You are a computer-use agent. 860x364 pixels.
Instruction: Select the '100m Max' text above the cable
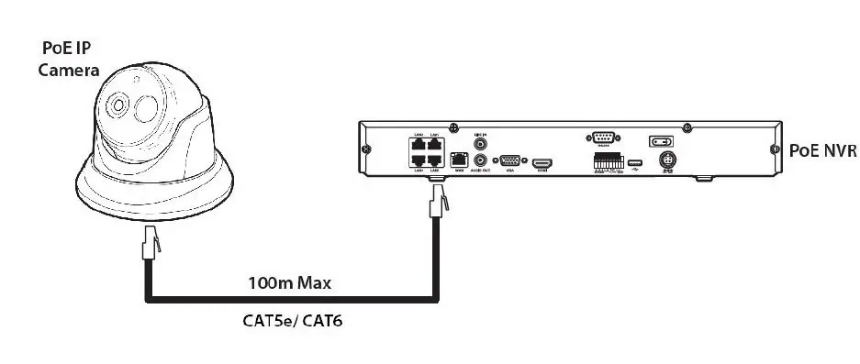coord(289,283)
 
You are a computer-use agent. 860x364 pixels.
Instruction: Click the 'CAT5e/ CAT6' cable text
coord(289,322)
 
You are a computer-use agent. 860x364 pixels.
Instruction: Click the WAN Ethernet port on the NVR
coord(449,160)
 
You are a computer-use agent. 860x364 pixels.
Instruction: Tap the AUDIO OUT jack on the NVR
coord(478,160)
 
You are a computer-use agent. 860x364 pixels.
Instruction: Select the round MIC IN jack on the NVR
coord(478,142)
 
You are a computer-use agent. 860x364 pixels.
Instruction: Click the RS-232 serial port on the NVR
coord(603,138)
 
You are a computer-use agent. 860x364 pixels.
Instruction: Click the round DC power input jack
coord(669,160)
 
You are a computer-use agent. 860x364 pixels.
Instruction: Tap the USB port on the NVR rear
coord(635,162)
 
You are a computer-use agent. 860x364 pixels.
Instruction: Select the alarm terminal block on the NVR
coord(605,161)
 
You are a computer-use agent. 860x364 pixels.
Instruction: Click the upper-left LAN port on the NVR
coord(419,144)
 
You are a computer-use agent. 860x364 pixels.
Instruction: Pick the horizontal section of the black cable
coord(289,301)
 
